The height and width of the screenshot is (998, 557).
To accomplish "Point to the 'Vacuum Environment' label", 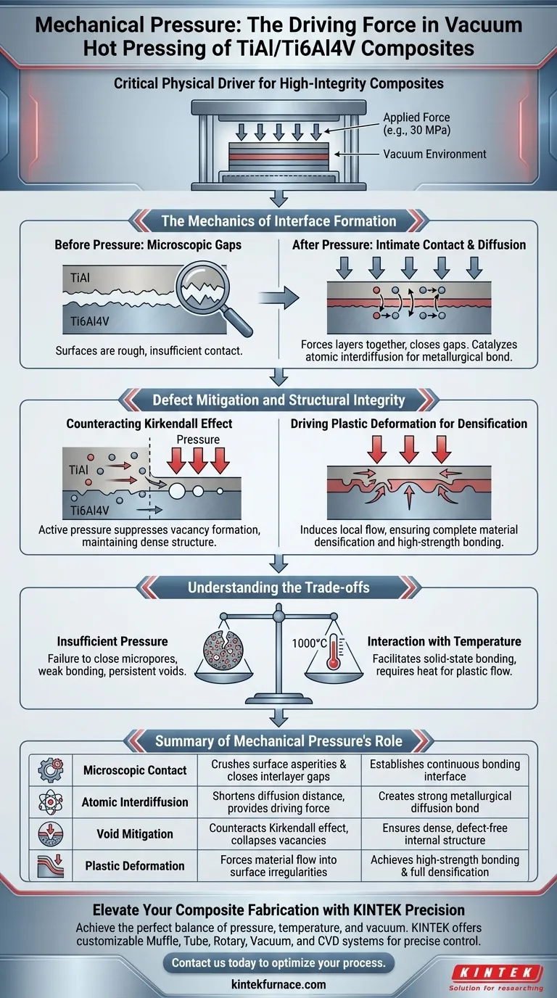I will [434, 154].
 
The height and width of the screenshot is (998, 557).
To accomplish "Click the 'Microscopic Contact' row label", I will [135, 770].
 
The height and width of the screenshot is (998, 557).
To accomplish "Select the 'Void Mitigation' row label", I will [135, 834].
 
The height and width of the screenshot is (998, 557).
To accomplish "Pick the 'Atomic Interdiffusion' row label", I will [135, 802].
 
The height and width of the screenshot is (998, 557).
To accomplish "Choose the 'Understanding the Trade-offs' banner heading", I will [278, 587].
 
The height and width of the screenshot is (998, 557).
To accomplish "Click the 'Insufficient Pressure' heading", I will [112, 641].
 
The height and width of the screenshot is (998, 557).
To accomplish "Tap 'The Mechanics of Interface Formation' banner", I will [278, 221].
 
